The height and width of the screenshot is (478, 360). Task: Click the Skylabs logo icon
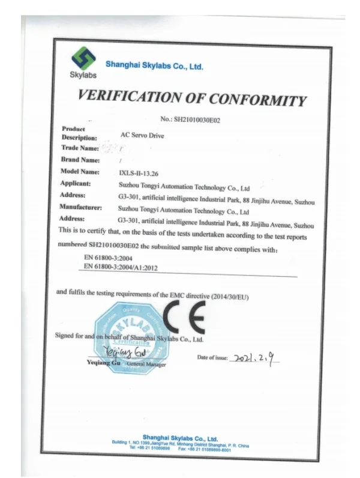coord(83,59)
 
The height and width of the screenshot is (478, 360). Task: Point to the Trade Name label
coord(79,148)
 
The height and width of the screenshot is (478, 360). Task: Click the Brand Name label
coord(80,160)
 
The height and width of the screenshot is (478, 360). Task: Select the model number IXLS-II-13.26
coord(142,173)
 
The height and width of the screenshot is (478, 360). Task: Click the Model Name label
coord(80,172)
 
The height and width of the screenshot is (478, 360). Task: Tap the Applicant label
coord(76,183)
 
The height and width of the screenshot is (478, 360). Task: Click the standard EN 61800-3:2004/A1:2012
coord(121,266)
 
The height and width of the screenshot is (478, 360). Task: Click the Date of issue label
coord(212,358)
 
